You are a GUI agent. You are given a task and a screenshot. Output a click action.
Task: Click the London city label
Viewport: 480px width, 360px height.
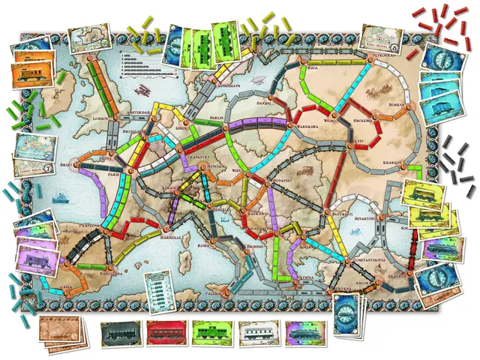coord(100,118)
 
